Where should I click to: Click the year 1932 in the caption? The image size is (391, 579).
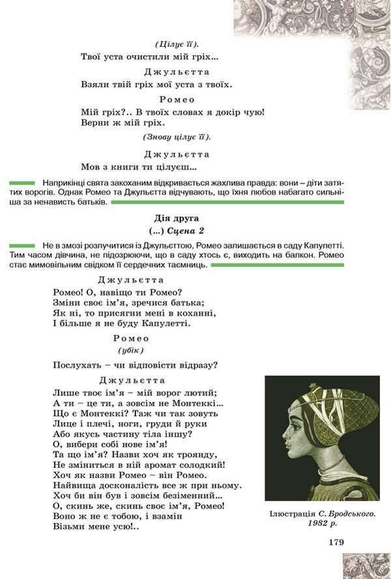[x=319, y=523]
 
